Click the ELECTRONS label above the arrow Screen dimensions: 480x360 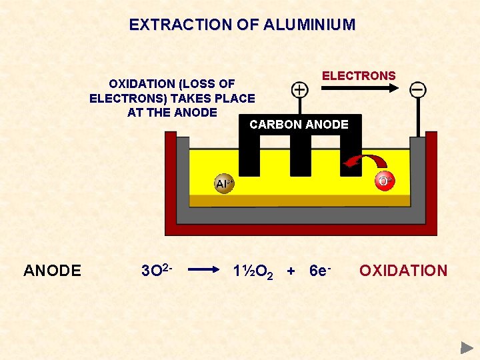[359, 76]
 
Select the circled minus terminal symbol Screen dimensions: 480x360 [418, 89]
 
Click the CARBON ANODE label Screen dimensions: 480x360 [299, 125]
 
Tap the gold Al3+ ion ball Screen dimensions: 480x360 [224, 184]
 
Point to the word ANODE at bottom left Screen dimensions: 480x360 [52, 271]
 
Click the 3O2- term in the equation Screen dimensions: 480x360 [157, 270]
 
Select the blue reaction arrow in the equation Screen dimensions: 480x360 [204, 270]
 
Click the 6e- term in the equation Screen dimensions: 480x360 [321, 271]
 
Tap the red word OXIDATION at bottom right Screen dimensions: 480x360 [403, 271]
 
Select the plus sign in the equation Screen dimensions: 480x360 [290, 271]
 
